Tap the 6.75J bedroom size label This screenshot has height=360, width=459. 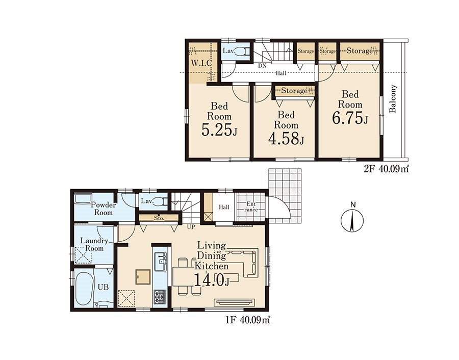coord(350,118)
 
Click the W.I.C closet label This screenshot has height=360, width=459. coord(201,63)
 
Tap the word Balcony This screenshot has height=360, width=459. coord(393,98)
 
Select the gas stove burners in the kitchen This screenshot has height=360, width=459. coord(160,297)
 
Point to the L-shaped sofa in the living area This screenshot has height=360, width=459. coord(245,262)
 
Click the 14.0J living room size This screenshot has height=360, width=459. coord(211,280)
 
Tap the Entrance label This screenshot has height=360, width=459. coord(251,207)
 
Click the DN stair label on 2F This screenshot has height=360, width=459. coord(262,66)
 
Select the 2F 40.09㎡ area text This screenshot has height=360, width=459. coord(386,169)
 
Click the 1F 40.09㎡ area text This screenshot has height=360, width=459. coord(248,320)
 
